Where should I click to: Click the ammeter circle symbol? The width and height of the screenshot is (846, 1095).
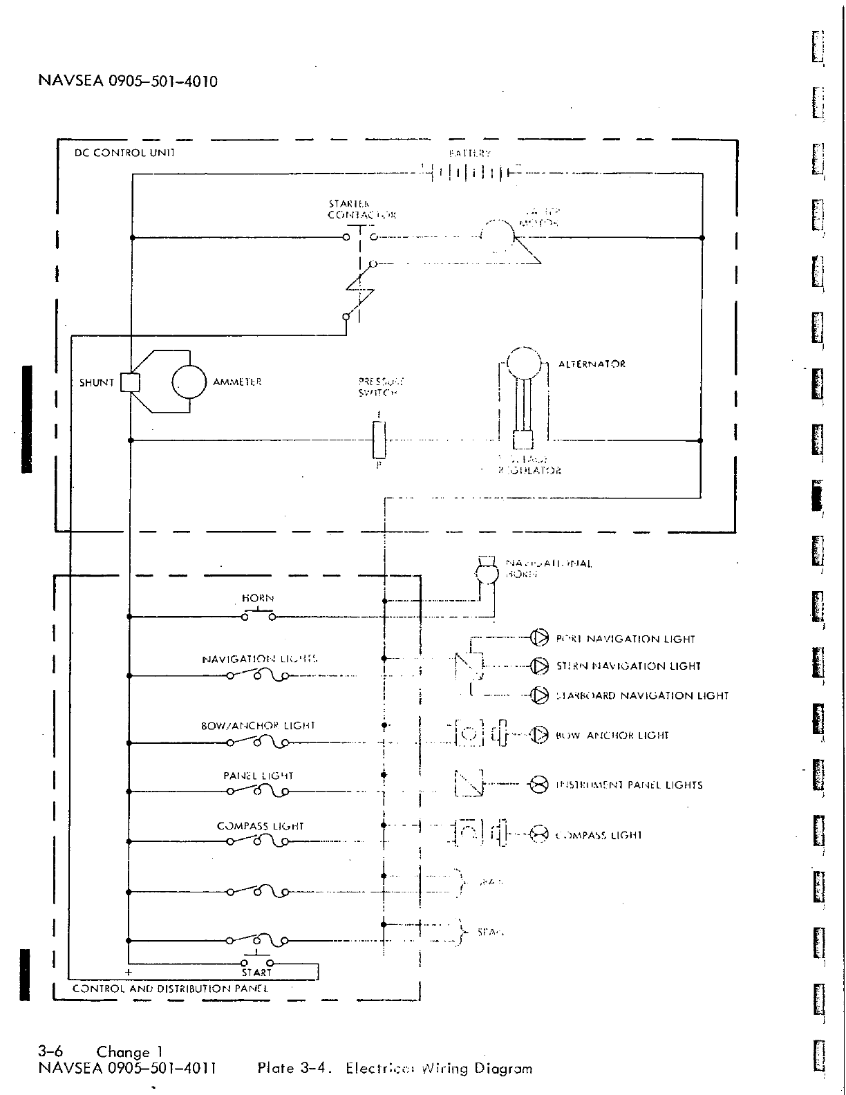coord(189,382)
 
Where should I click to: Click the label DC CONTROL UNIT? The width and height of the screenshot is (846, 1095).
coord(124,153)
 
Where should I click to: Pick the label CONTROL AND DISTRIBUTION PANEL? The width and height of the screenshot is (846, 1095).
coord(170,989)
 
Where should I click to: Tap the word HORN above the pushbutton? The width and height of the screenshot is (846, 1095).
coord(258,598)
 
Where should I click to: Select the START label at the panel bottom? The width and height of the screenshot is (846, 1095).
coord(256,973)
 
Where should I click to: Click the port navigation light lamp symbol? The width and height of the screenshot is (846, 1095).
coord(538,638)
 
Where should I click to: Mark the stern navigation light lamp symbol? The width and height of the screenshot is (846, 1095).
coord(538,666)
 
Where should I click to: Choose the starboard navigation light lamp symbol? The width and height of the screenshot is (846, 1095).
coord(538,695)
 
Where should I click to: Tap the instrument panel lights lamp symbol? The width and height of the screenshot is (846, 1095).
coord(538,784)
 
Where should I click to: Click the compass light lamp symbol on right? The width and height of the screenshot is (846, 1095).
coord(538,834)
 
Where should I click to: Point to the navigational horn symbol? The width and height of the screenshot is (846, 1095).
coord(487,571)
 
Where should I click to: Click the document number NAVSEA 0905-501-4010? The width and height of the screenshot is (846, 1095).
coord(128,82)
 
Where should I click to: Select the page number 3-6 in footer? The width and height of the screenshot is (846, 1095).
coord(51,1052)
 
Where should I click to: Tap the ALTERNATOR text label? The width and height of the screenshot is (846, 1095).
coord(592,364)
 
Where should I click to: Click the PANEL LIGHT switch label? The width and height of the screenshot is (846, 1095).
coord(258,776)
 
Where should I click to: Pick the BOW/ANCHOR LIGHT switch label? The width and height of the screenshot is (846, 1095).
coord(258,726)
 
